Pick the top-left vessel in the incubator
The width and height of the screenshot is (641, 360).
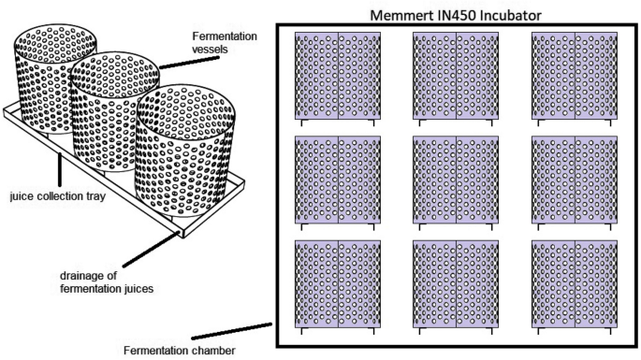338,76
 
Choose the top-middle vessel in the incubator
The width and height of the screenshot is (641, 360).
456,76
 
